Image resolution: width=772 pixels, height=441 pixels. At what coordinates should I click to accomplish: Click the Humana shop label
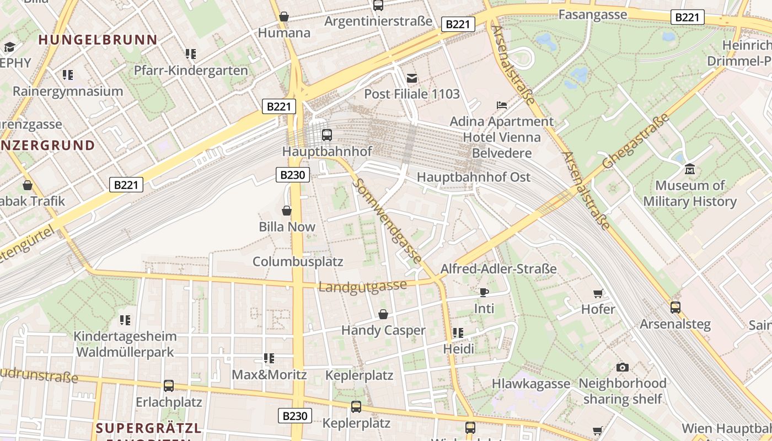coord(284,33)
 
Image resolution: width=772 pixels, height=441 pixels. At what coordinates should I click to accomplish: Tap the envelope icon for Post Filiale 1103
coord(412,78)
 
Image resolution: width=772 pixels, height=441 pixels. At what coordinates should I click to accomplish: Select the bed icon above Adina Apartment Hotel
coord(502,105)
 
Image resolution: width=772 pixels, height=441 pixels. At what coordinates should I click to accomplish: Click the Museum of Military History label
coord(690,193)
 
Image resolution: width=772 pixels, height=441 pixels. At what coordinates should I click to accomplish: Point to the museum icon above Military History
coord(689,169)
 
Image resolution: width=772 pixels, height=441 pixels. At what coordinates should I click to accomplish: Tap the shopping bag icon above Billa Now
coord(287,211)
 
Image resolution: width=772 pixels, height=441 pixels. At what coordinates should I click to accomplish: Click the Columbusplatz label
coord(298,261)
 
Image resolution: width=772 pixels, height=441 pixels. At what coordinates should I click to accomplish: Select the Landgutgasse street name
coord(362,286)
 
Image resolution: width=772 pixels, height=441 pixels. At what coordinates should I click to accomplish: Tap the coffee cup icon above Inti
coord(484,292)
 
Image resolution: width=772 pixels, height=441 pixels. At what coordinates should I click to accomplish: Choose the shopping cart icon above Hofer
coord(598,293)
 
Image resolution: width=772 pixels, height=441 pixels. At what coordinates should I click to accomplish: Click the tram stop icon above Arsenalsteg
coord(675,307)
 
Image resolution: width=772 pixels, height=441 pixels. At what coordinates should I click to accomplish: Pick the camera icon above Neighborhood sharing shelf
coord(622,367)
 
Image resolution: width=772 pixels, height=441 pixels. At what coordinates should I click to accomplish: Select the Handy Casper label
coord(383,330)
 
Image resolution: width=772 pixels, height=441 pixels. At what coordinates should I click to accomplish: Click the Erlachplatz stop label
coord(169,402)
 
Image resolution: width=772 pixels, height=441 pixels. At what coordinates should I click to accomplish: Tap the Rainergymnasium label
coord(68,91)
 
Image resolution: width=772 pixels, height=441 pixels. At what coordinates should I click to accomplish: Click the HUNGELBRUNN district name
coord(98,40)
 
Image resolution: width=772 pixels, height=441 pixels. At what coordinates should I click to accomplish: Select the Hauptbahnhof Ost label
coord(473,177)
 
